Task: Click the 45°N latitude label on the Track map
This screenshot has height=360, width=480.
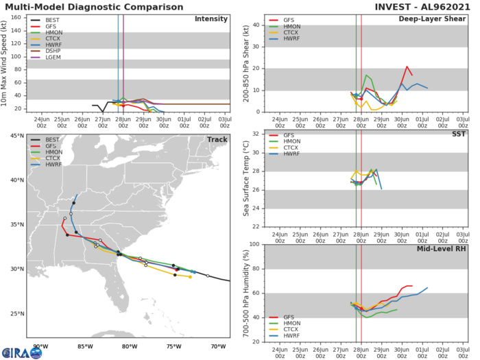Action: tap(16, 136)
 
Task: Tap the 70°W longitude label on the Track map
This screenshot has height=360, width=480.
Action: tap(218, 346)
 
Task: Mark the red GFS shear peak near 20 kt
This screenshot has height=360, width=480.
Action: tap(407, 67)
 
